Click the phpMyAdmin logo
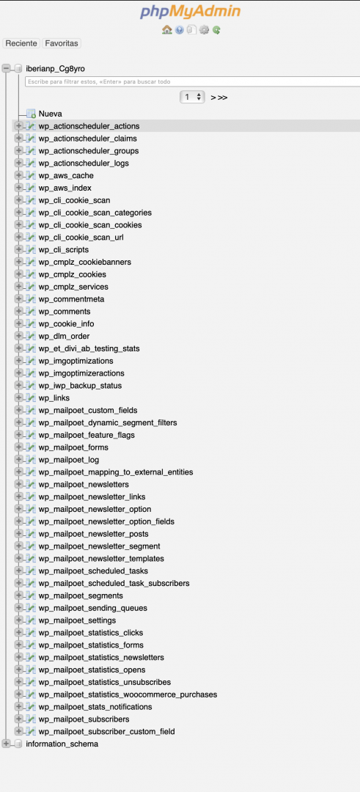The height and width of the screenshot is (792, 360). [190, 12]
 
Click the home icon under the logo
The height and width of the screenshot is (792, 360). [167, 30]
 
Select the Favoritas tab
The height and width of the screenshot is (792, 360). [62, 43]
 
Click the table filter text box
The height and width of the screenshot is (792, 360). [192, 81]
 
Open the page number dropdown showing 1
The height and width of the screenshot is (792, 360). [192, 97]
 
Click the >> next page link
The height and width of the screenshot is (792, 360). [222, 98]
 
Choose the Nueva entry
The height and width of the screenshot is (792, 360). [51, 114]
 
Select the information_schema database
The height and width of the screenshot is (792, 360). [62, 744]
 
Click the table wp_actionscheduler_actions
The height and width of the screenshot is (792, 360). [89, 126]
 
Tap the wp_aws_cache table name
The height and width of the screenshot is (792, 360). [66, 176]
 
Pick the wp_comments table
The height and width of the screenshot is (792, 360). [65, 311]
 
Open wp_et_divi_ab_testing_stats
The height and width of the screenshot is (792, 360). [89, 348]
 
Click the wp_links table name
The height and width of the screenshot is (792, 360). [54, 398]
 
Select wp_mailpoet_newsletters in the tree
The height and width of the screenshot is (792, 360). [84, 485]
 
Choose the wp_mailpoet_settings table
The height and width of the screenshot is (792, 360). [77, 620]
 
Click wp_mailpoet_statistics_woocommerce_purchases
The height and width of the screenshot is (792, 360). [128, 694]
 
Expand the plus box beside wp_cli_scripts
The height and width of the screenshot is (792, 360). [18, 249]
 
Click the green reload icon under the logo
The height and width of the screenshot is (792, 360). [216, 30]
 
